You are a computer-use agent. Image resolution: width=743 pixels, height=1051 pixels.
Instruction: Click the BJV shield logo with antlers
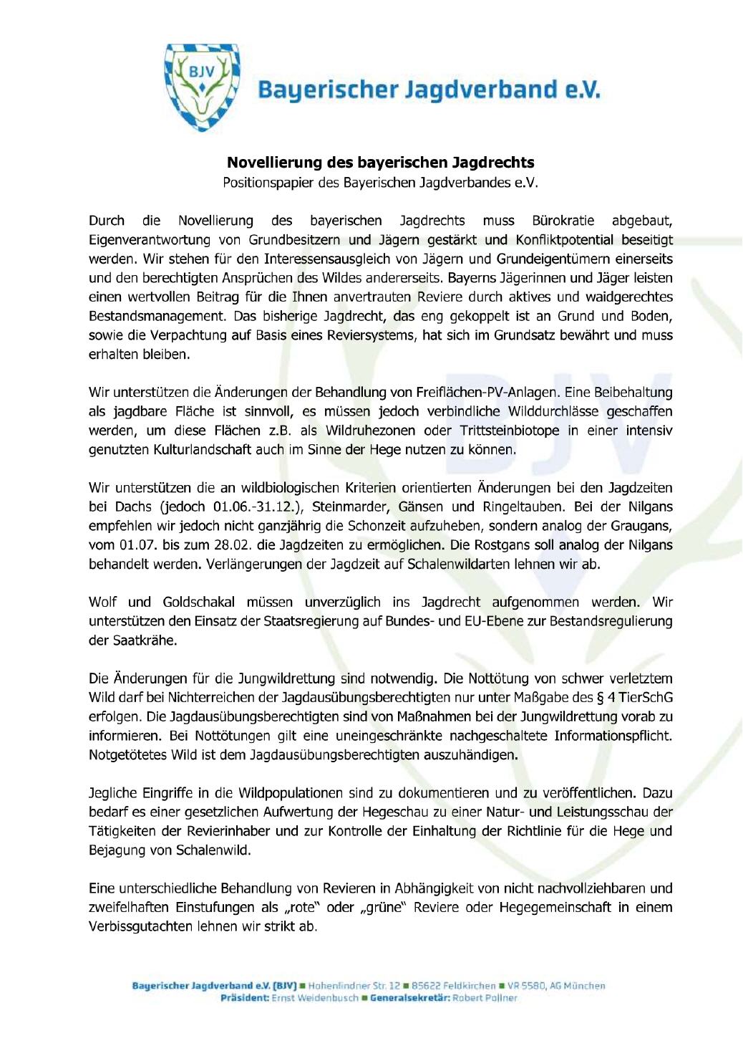pyautogui.click(x=202, y=87)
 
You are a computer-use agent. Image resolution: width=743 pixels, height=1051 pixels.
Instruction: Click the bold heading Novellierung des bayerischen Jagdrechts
pyautogui.click(x=380, y=163)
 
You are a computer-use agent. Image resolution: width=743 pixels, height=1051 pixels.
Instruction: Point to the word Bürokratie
pyautogui.click(x=563, y=221)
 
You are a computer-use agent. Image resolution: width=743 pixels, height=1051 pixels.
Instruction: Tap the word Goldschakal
pyautogui.click(x=196, y=603)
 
